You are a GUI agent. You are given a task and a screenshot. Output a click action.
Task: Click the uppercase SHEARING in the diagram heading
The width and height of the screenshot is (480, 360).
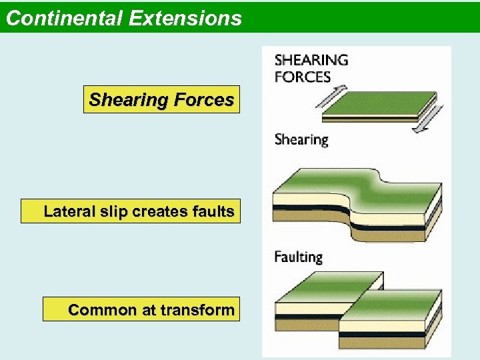pos(311,60)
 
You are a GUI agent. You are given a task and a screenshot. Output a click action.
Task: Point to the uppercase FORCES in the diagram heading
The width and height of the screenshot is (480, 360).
pos(303,76)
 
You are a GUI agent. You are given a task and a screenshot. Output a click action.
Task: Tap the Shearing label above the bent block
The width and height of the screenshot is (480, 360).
pos(301,140)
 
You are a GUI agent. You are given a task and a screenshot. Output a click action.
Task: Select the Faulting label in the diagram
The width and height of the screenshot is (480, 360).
pos(299,257)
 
